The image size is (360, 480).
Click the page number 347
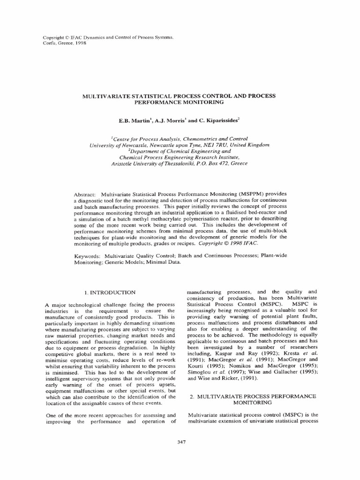point(180,442)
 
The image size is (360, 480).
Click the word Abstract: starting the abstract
point(85,194)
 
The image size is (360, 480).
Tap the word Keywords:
point(87,255)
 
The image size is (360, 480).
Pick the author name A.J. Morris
point(171,120)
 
